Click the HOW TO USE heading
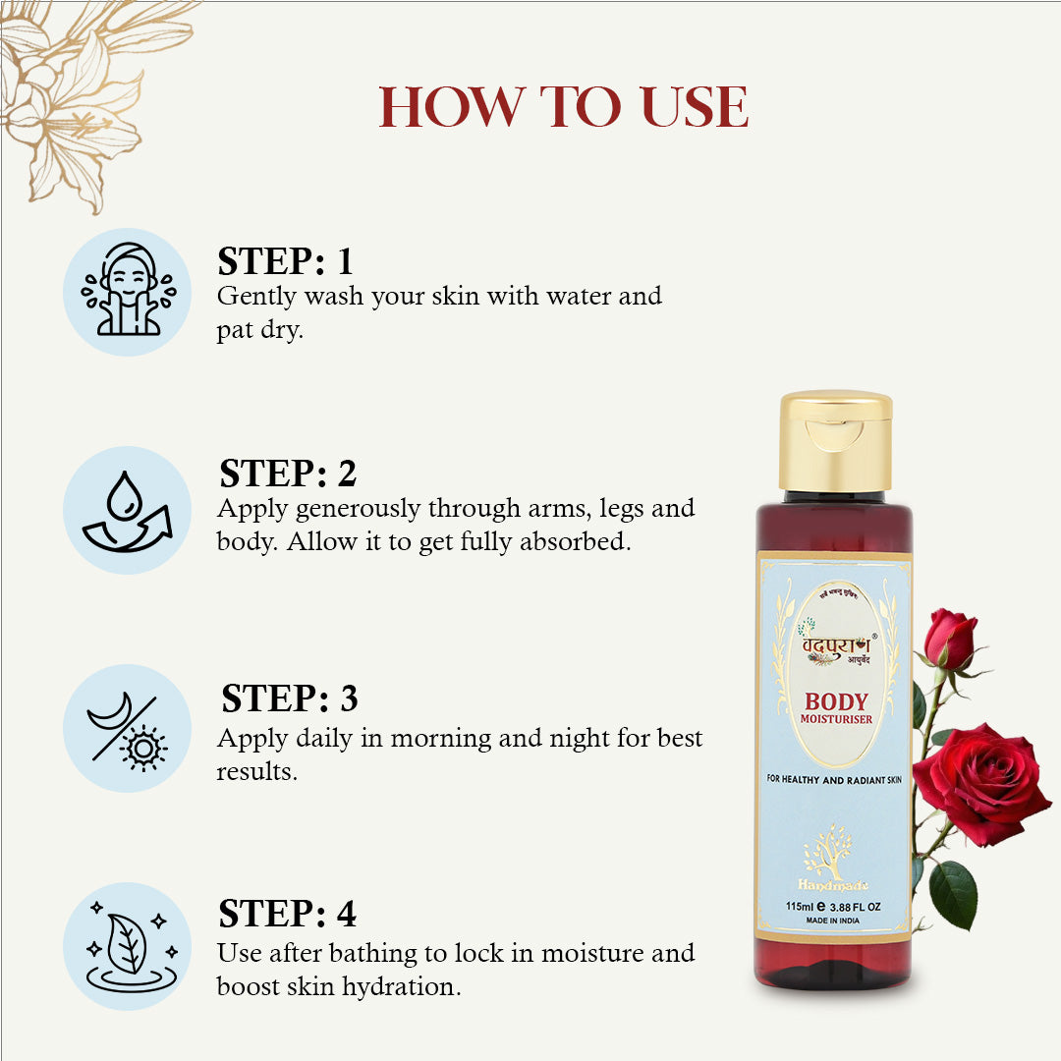click(x=564, y=108)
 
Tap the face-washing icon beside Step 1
click(x=128, y=292)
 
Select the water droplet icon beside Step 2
click(x=128, y=510)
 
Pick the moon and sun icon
click(x=128, y=728)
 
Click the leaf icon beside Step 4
click(x=128, y=945)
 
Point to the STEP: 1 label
click(x=285, y=262)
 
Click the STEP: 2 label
click(x=287, y=474)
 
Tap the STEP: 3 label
click(x=289, y=698)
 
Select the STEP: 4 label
click(x=287, y=914)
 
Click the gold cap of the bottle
click(x=836, y=439)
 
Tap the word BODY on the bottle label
click(x=836, y=701)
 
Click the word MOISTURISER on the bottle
click(x=836, y=720)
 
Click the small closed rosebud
click(x=950, y=638)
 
